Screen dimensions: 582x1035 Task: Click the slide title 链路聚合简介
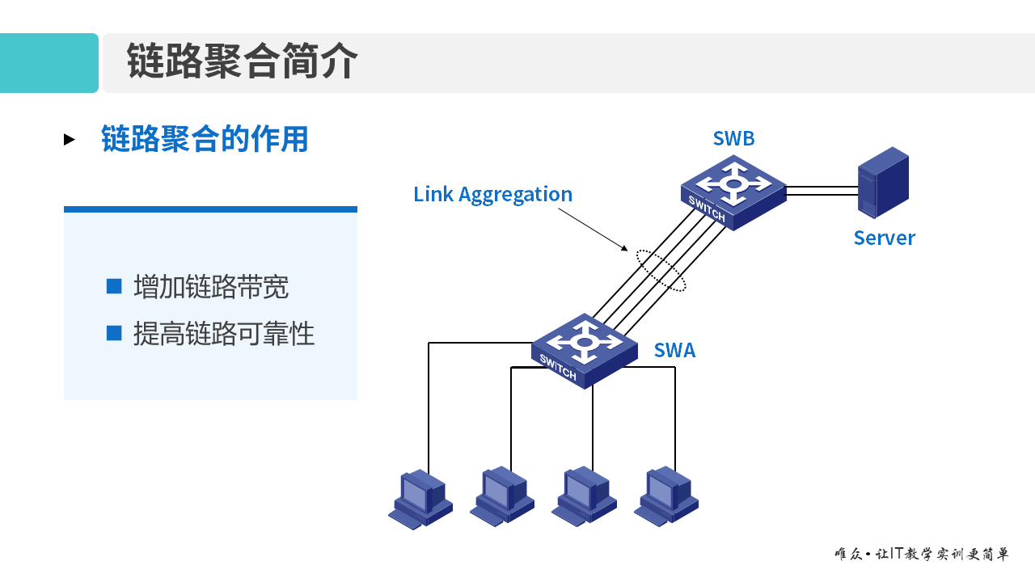242,62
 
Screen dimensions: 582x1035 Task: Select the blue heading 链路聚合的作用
205,139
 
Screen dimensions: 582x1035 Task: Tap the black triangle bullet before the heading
70,140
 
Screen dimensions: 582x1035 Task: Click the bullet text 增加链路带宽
211,287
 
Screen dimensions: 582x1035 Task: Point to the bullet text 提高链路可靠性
224,333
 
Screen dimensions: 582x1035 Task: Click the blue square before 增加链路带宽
114,286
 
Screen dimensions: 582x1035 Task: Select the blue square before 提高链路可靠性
114,332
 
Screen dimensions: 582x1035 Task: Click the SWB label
733,139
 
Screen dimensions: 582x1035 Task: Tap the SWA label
674,350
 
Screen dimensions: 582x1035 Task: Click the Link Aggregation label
492,194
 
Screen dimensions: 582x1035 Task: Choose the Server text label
884,238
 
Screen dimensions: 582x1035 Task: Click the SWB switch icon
733,192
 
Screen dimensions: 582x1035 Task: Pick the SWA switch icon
585,350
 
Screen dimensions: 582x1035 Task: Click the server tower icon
883,182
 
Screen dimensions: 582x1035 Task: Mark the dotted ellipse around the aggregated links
661,270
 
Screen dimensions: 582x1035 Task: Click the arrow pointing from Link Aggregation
594,230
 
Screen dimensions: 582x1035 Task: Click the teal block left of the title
49,63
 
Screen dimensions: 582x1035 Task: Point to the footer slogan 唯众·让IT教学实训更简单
922,555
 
